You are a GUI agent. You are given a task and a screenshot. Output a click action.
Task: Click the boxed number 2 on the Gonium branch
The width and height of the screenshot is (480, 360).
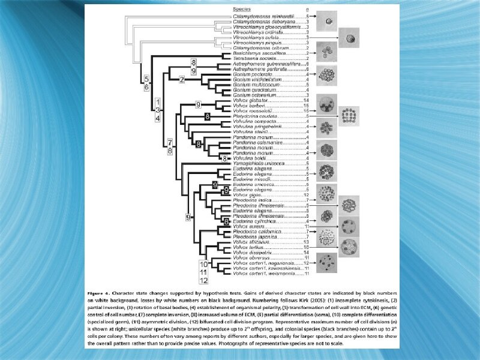pos(182,80)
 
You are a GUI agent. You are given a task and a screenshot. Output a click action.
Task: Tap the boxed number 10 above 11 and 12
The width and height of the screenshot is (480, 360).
pos(204,264)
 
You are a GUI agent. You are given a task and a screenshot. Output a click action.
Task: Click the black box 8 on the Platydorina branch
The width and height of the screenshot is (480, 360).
pos(207,115)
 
